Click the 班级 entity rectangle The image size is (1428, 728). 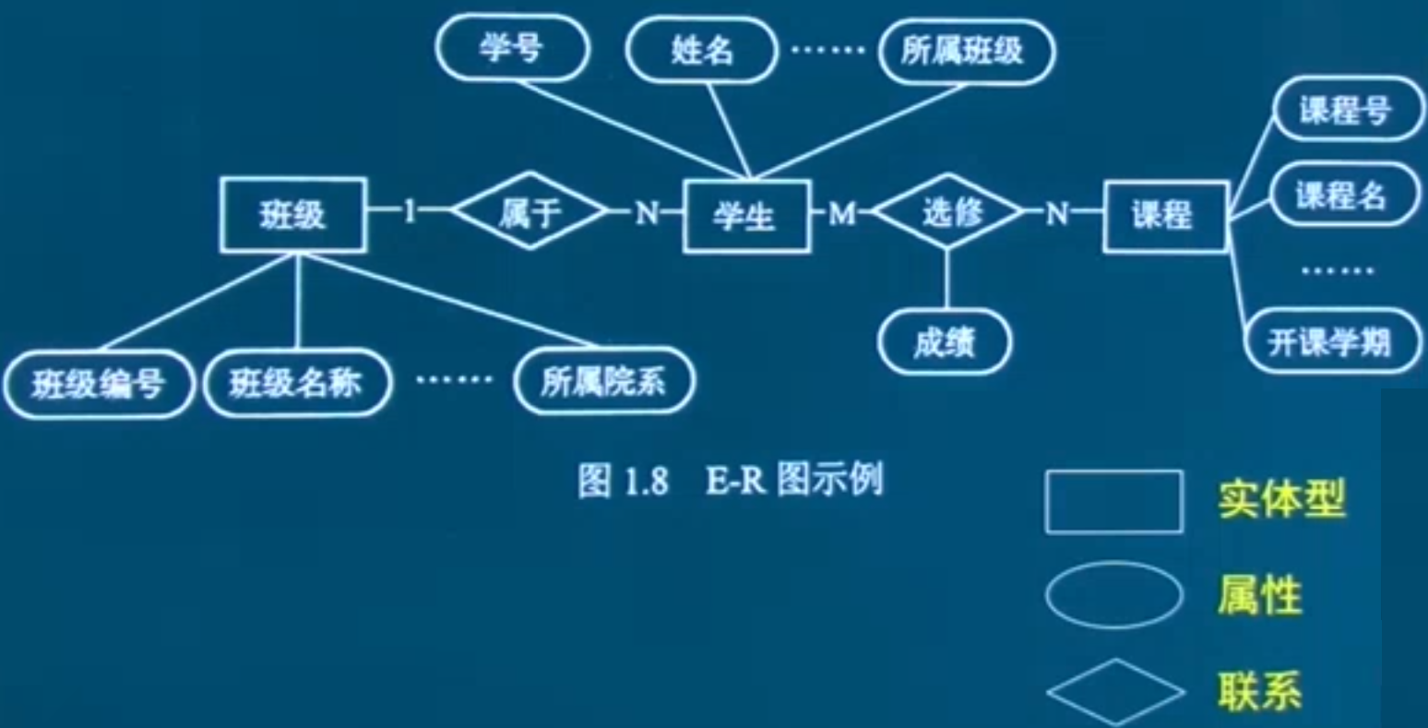coord(292,215)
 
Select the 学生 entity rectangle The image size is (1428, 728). coord(745,216)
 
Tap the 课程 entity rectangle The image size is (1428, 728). coord(1164,216)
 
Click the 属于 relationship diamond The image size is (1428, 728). coord(530,212)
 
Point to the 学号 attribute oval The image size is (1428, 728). coord(511,49)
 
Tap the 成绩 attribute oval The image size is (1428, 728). coord(944,342)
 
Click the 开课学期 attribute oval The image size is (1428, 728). coord(1330,341)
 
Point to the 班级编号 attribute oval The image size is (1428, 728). coord(99,383)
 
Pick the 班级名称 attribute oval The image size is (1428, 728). coord(296,383)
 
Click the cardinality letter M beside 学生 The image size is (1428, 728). coord(841,214)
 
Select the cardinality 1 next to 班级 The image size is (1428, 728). coord(411,212)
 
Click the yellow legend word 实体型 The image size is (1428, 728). coord(1280,500)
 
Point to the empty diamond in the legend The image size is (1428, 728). coord(1114,691)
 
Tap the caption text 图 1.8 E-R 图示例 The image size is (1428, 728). coord(730,481)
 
